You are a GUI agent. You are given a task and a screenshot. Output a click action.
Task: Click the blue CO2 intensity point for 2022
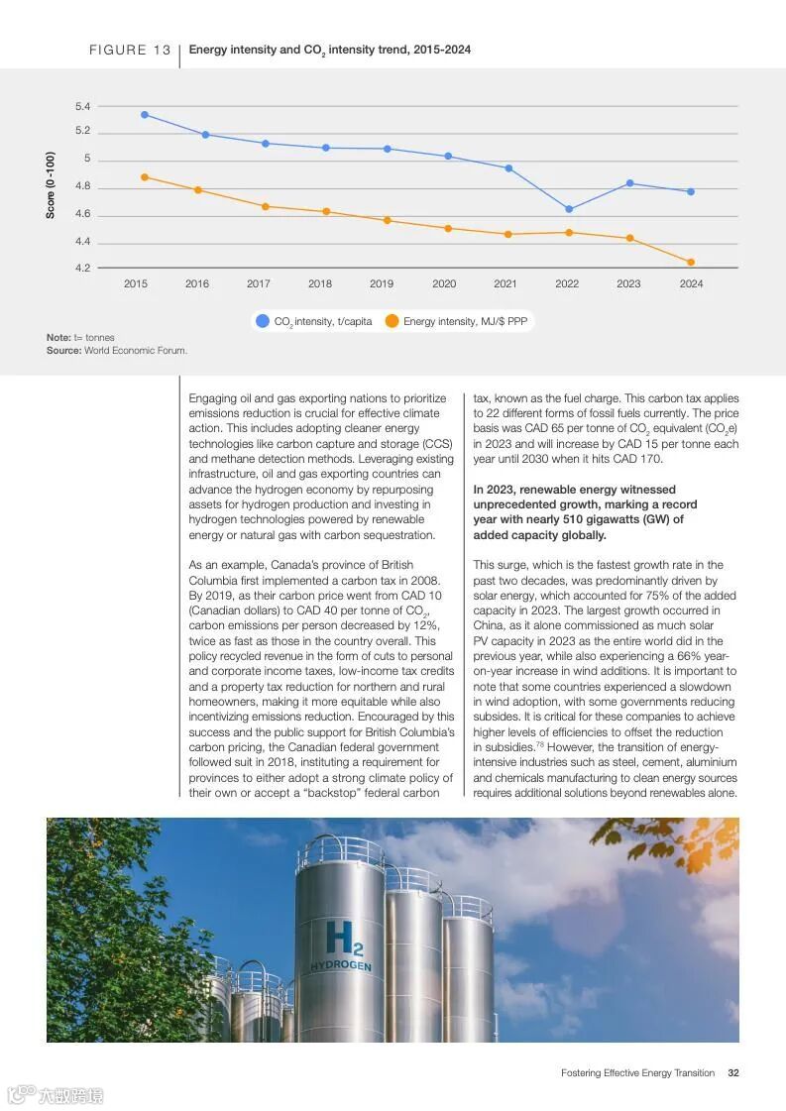pyautogui.click(x=569, y=209)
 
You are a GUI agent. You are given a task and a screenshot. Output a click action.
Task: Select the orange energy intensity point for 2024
pyautogui.click(x=691, y=263)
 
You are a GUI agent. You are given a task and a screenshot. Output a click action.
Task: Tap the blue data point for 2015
pyautogui.click(x=145, y=115)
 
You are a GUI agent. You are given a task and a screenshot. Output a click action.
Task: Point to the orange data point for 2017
pyautogui.click(x=265, y=206)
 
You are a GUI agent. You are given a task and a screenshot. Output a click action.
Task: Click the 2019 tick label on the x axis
pyautogui.click(x=382, y=283)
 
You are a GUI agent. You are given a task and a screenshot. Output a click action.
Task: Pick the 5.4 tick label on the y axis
pyautogui.click(x=82, y=106)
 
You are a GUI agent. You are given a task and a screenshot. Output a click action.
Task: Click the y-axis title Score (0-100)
pyautogui.click(x=51, y=185)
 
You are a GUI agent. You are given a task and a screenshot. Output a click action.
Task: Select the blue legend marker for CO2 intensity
pyautogui.click(x=263, y=321)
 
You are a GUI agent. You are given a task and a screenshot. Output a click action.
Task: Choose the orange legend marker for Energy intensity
pyautogui.click(x=392, y=321)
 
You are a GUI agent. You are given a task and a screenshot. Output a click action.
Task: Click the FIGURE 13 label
pyautogui.click(x=130, y=50)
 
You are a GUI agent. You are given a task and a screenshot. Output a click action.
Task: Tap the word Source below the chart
pyautogui.click(x=62, y=350)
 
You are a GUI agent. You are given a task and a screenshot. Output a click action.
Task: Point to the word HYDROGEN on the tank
pyautogui.click(x=341, y=965)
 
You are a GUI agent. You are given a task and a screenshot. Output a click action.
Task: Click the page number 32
pyautogui.click(x=732, y=1072)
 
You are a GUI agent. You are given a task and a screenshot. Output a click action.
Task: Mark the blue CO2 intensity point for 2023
pyautogui.click(x=629, y=183)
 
